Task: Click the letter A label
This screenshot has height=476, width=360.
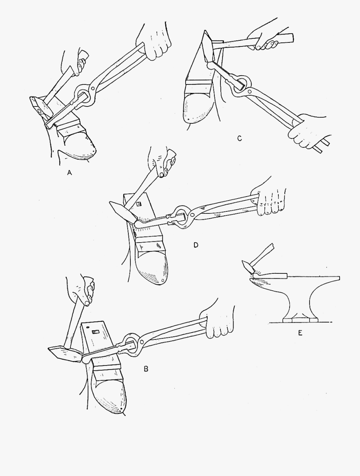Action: click(x=69, y=173)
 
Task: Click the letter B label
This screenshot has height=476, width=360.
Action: click(x=146, y=369)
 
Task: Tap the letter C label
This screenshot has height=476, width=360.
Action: click(x=239, y=139)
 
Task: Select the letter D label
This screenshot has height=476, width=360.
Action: click(x=196, y=245)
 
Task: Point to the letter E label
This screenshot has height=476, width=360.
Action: click(x=300, y=333)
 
